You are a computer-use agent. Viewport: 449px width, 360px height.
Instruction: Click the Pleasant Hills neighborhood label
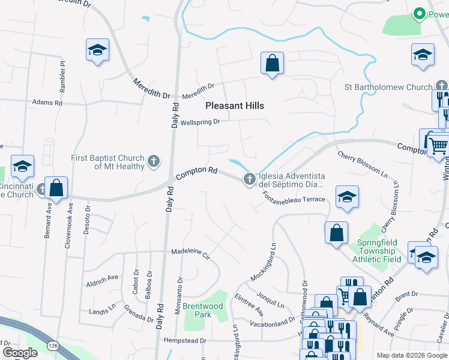click(x=235, y=106)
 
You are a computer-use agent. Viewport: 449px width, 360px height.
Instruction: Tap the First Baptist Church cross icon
click(x=154, y=161)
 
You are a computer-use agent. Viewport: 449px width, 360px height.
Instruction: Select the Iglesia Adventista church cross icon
click(x=249, y=179)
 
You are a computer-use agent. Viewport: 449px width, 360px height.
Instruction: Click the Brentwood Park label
click(x=203, y=310)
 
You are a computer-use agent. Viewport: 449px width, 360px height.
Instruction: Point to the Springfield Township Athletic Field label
click(x=379, y=251)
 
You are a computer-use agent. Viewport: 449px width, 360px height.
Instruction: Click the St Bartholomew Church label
click(x=388, y=87)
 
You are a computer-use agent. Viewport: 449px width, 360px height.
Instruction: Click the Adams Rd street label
click(x=47, y=103)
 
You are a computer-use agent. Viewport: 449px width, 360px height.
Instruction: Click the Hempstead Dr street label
click(x=185, y=340)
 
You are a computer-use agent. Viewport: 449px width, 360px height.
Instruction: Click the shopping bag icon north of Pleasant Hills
click(x=272, y=62)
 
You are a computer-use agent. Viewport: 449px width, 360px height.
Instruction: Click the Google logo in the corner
click(x=20, y=353)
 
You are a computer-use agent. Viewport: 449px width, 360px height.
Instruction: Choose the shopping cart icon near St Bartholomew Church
click(x=439, y=145)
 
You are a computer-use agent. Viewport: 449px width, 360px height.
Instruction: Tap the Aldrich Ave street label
click(x=102, y=280)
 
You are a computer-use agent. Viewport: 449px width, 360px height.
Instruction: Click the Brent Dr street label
click(x=406, y=294)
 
